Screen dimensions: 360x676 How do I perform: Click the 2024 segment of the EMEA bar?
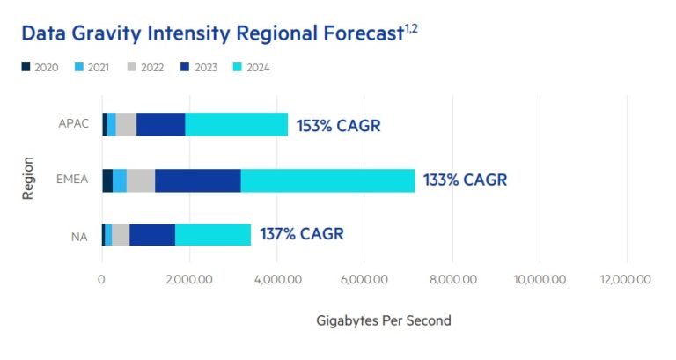point(327,180)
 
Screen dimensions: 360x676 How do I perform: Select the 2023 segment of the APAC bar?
point(160,124)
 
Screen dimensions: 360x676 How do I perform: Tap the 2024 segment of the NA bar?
point(213,235)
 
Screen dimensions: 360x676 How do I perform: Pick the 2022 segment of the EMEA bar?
point(141,180)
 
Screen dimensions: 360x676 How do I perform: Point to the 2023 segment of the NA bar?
point(152,235)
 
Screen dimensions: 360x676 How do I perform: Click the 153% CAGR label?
point(338,125)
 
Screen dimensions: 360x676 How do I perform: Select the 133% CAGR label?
point(466,180)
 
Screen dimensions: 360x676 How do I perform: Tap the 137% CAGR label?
point(301,234)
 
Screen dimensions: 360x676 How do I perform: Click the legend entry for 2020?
point(40,68)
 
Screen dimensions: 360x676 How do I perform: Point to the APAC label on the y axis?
point(76,125)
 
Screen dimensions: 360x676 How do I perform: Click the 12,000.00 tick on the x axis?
point(626,280)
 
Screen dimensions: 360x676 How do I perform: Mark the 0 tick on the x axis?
point(101,280)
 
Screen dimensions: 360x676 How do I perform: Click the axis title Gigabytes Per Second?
point(383,320)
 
